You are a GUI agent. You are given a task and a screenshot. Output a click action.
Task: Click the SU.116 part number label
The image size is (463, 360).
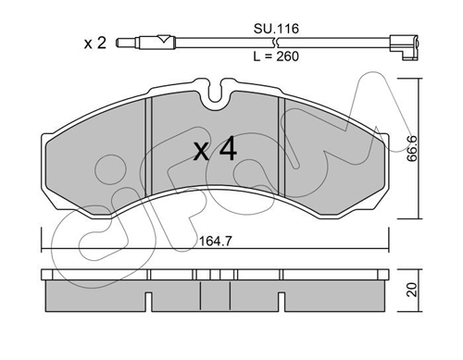pyautogui.click(x=276, y=29)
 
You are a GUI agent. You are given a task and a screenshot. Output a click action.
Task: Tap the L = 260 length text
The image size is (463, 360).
pyautogui.click(x=276, y=56)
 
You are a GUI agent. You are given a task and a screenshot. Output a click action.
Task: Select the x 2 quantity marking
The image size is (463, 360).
pyautogui.click(x=95, y=43)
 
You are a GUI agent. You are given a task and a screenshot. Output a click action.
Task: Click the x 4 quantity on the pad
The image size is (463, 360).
pyautogui.click(x=215, y=149)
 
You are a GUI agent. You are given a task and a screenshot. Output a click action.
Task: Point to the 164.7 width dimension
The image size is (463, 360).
pyautogui.click(x=215, y=241)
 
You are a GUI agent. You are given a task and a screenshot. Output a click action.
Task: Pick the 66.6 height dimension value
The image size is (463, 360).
pyautogui.click(x=411, y=148)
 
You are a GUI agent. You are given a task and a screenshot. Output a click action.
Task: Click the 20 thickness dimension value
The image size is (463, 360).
pyautogui.click(x=411, y=290)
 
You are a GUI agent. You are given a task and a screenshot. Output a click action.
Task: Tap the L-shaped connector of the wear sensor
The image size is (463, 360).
pyautogui.click(x=404, y=47)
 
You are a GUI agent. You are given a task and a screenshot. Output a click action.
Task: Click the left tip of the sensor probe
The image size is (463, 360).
pyautogui.click(x=117, y=43)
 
